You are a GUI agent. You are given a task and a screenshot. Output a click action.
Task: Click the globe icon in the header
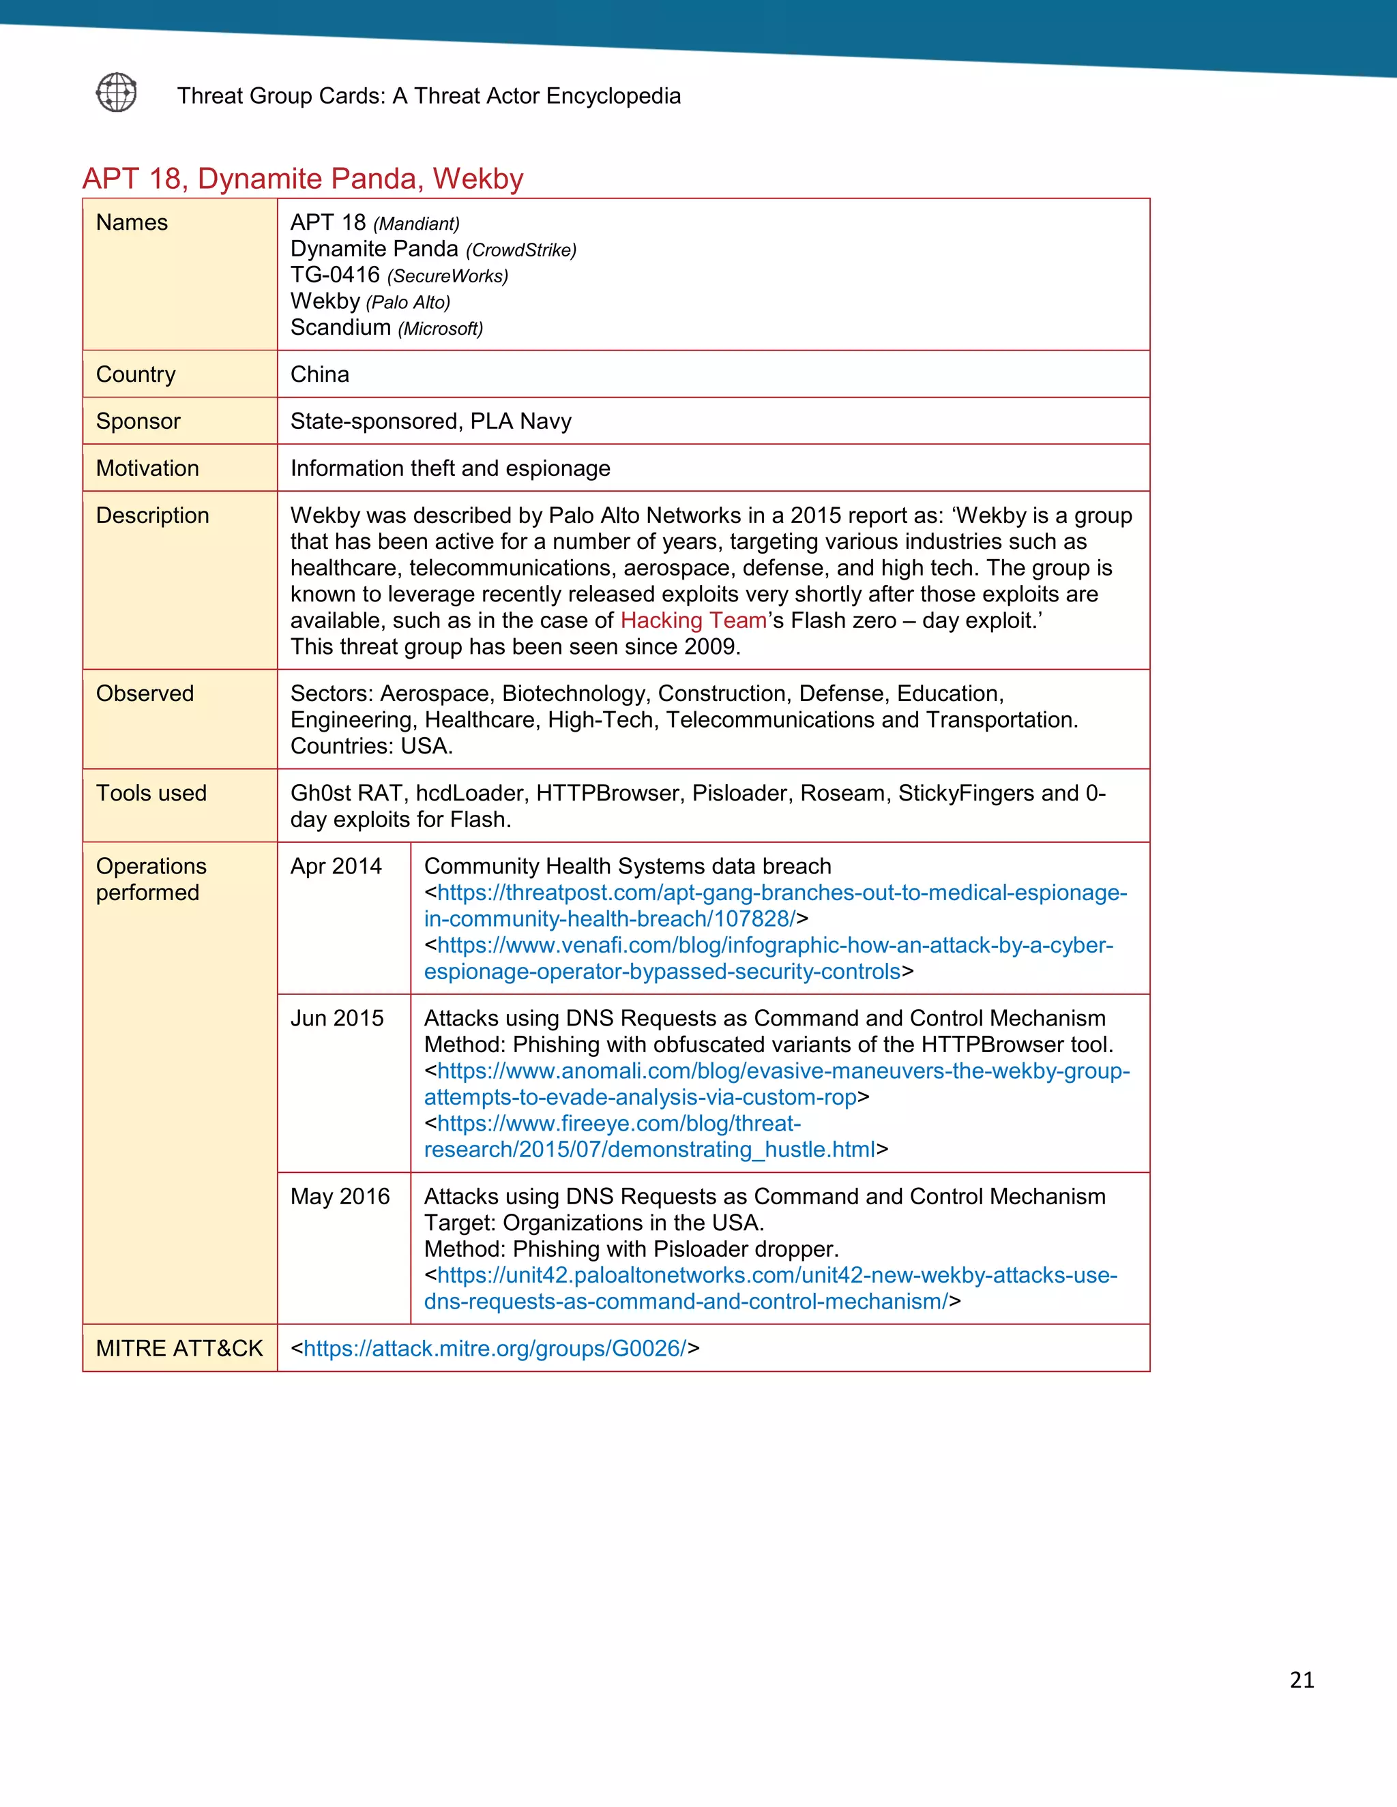[x=117, y=92]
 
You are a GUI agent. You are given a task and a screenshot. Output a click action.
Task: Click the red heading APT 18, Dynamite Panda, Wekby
[x=303, y=179]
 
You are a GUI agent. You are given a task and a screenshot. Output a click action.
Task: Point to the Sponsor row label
[x=138, y=421]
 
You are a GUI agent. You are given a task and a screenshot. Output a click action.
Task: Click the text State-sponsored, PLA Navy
[x=430, y=421]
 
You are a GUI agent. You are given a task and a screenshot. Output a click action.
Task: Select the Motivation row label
[x=147, y=468]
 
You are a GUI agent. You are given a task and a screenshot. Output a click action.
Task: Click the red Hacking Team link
[x=693, y=621]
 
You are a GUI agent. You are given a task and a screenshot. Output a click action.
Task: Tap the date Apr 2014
[x=336, y=866]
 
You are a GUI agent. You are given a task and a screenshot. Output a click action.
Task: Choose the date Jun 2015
[x=337, y=1019]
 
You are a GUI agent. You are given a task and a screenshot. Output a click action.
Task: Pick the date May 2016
[x=339, y=1197]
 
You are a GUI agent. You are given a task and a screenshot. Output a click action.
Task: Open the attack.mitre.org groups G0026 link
[x=495, y=1349]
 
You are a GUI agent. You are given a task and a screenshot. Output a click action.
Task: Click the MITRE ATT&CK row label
[x=179, y=1349]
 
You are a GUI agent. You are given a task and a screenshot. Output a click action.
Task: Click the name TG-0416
[x=335, y=275]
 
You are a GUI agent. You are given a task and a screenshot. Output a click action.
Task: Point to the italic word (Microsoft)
[x=440, y=329]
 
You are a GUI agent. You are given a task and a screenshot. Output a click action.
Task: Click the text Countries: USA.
[x=372, y=746]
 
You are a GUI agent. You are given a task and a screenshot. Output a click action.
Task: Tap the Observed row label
[x=145, y=693]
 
